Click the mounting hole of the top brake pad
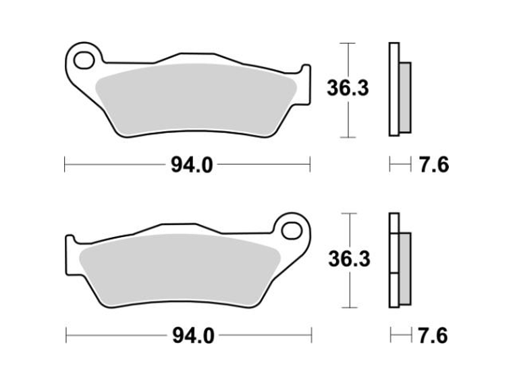[x=84, y=61]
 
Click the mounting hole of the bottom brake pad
[x=292, y=231]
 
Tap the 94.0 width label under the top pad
[x=192, y=165]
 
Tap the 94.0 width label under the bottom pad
[x=193, y=336]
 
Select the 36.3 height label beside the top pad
[x=348, y=88]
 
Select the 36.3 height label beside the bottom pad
[x=350, y=259]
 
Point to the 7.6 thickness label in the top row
[x=434, y=165]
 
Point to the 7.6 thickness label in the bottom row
[x=433, y=336]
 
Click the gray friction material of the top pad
[x=196, y=99]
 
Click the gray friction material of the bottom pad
[x=180, y=270]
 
